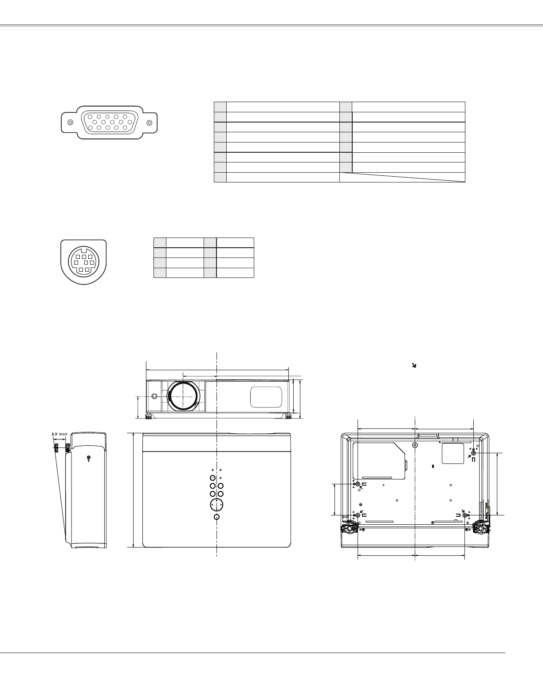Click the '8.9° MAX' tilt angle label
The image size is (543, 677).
[59, 434]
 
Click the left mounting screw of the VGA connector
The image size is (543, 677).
[71, 123]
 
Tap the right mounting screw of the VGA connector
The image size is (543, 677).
[150, 123]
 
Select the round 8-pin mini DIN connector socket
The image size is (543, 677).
[84, 261]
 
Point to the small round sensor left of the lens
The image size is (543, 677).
[154, 396]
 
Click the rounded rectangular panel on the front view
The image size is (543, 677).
[266, 397]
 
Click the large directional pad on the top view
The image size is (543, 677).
[216, 505]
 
